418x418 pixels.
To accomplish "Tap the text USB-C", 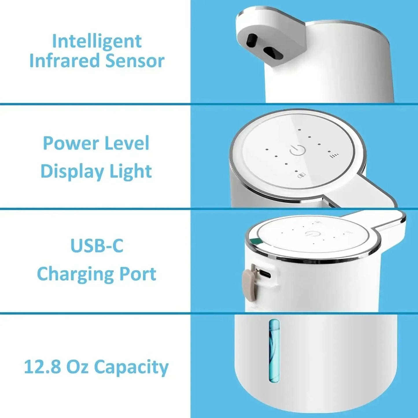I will [97, 246].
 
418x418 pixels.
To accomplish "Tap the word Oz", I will [77, 367].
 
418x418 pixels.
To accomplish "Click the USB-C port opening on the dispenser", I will [265, 274].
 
